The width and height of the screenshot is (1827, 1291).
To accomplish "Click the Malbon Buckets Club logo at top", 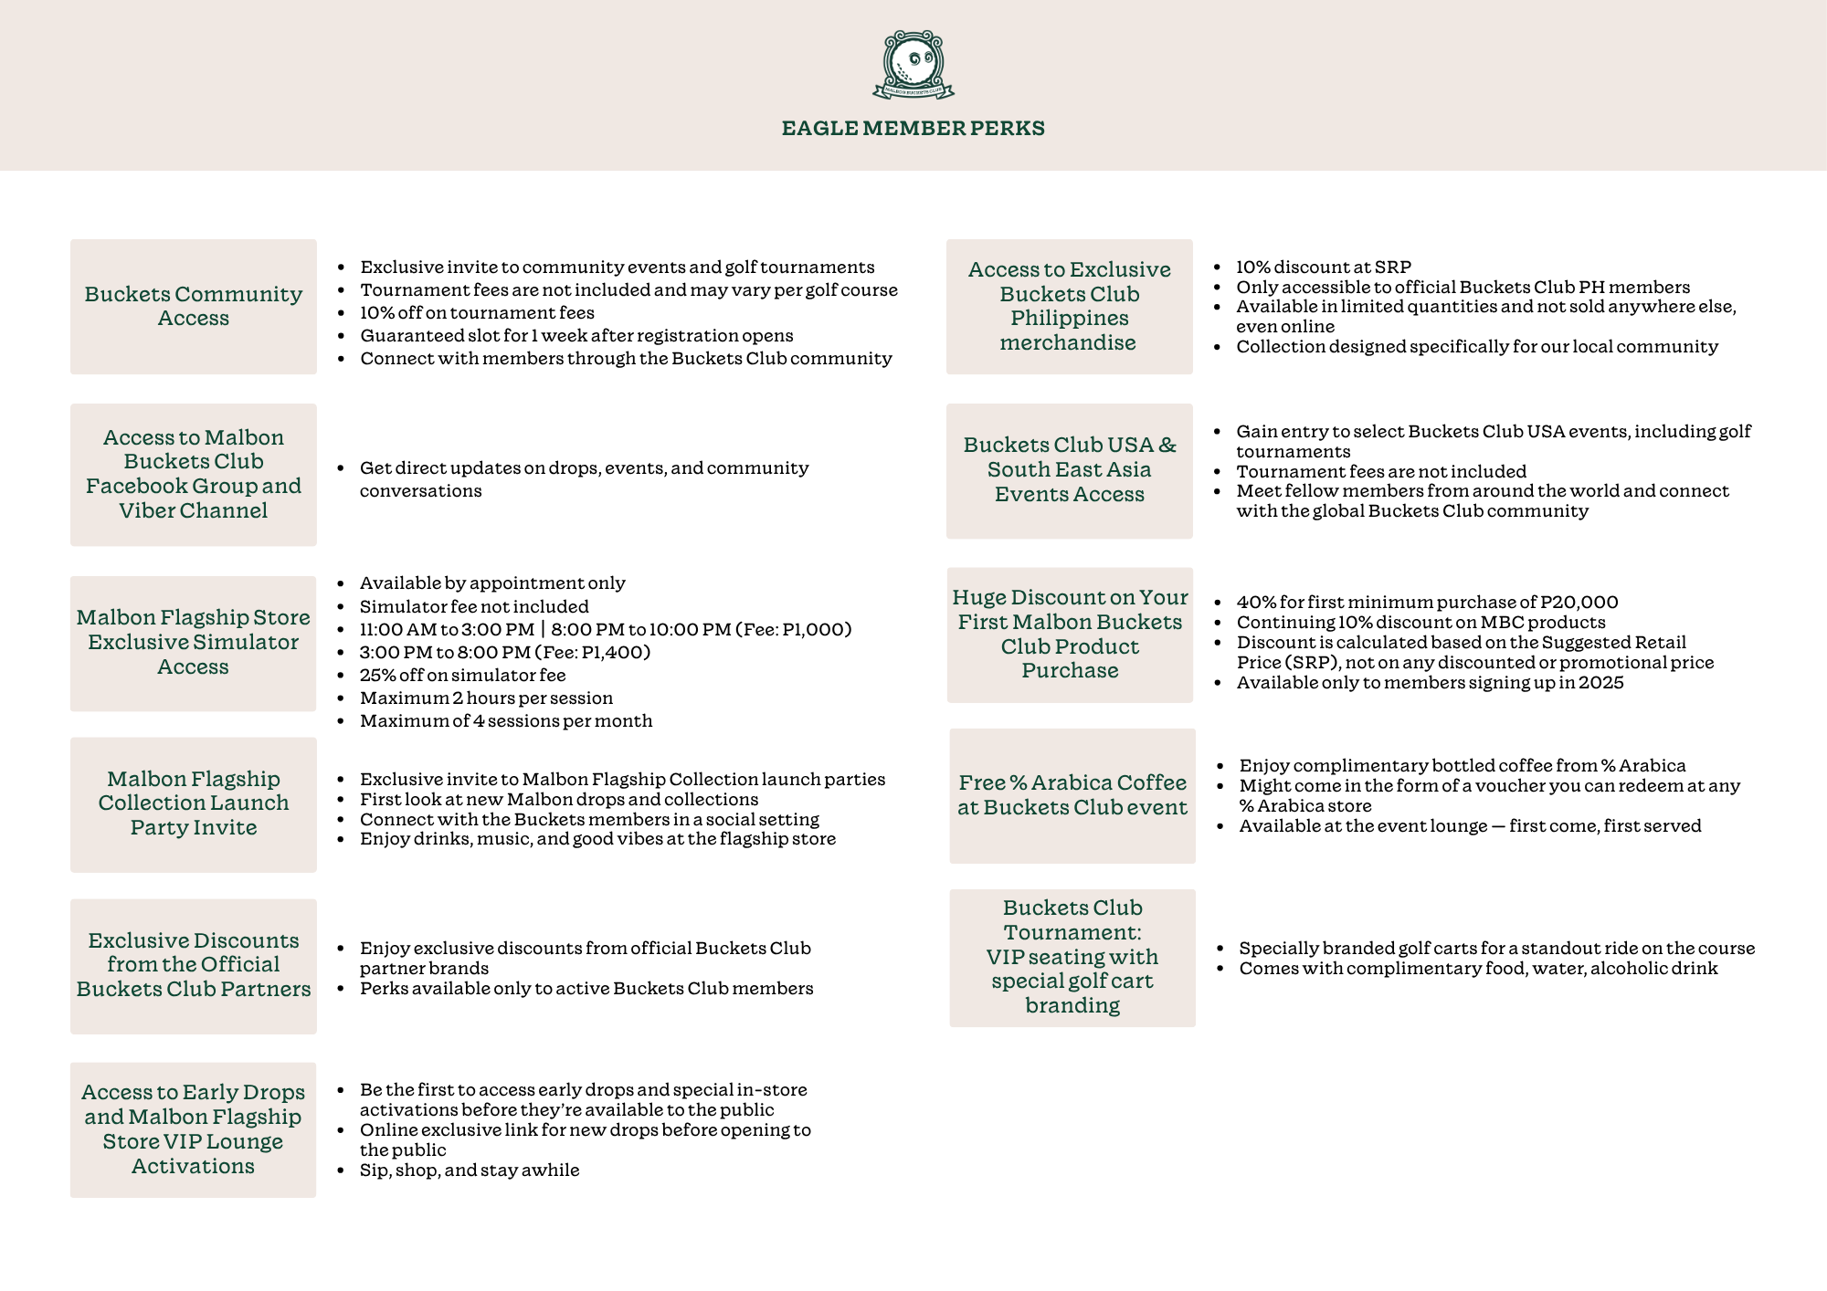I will pyautogui.click(x=913, y=65).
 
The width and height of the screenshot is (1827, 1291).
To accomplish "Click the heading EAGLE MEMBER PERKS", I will pyautogui.click(x=913, y=128).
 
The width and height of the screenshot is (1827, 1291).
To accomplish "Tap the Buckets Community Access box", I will pyautogui.click(x=194, y=307).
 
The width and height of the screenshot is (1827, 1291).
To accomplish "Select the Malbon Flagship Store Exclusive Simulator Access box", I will pyautogui.click(x=194, y=643).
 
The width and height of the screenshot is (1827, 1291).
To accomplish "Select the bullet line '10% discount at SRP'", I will pyautogui.click(x=1324, y=268).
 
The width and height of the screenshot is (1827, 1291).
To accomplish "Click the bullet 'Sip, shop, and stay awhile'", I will pyautogui.click(x=470, y=1170).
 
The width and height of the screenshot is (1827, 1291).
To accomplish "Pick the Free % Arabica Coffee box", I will pyautogui.click(x=1072, y=795).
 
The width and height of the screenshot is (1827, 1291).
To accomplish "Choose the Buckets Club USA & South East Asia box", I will pyautogui.click(x=1070, y=470).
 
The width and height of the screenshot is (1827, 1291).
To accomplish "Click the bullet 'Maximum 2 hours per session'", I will pyautogui.click(x=486, y=698).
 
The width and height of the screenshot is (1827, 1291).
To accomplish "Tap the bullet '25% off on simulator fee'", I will pyautogui.click(x=462, y=676).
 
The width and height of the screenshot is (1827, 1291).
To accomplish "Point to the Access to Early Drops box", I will pyautogui.click(x=194, y=1129).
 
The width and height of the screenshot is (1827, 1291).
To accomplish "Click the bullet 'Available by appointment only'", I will pyautogui.click(x=492, y=583).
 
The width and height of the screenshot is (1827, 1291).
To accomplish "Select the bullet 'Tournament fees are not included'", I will pyautogui.click(x=1381, y=472).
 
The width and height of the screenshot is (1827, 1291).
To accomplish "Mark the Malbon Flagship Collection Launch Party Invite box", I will pyautogui.click(x=194, y=804).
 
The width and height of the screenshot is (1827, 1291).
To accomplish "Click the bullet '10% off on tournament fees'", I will pyautogui.click(x=477, y=313).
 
